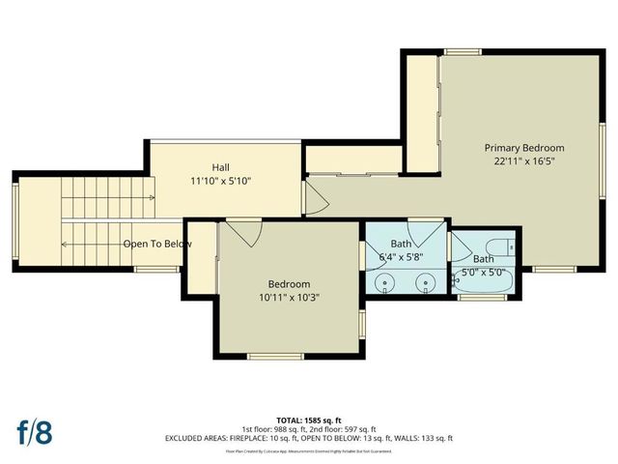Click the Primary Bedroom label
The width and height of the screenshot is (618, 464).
coord(523,148)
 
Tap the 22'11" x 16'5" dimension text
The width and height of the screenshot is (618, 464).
coord(523,162)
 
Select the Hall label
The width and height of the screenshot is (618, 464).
coord(220,167)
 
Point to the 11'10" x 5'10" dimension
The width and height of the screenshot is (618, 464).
coord(220,181)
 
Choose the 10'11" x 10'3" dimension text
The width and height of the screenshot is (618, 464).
coord(289,298)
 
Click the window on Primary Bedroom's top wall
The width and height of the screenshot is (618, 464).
coord(463,51)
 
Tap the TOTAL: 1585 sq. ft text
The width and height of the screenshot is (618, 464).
coord(308,420)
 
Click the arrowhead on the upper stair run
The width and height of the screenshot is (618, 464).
coord(152,198)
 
